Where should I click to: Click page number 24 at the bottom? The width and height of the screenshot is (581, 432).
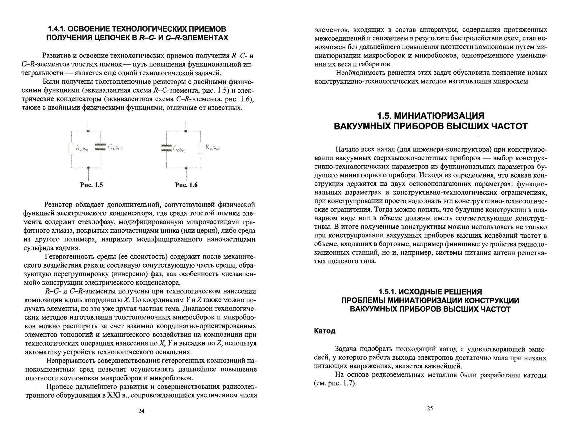(141, 411)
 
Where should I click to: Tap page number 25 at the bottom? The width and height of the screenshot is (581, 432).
(430, 408)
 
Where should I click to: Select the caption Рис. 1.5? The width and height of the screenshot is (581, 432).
(91, 185)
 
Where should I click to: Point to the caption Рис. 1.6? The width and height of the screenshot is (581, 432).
(186, 185)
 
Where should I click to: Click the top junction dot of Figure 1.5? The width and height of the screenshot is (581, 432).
(88, 131)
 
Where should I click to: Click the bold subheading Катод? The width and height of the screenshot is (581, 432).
(325, 331)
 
